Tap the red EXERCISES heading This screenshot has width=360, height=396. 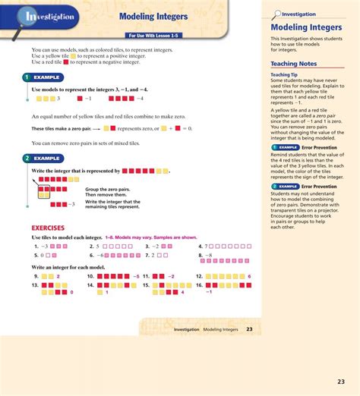click(x=47, y=227)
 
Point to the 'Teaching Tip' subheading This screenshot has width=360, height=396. click(x=286, y=75)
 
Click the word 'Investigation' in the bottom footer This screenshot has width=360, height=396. click(x=187, y=330)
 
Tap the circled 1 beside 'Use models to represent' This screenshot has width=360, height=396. click(x=27, y=77)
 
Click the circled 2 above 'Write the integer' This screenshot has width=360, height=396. click(x=27, y=159)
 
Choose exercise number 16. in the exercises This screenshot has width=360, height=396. click(x=200, y=286)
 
